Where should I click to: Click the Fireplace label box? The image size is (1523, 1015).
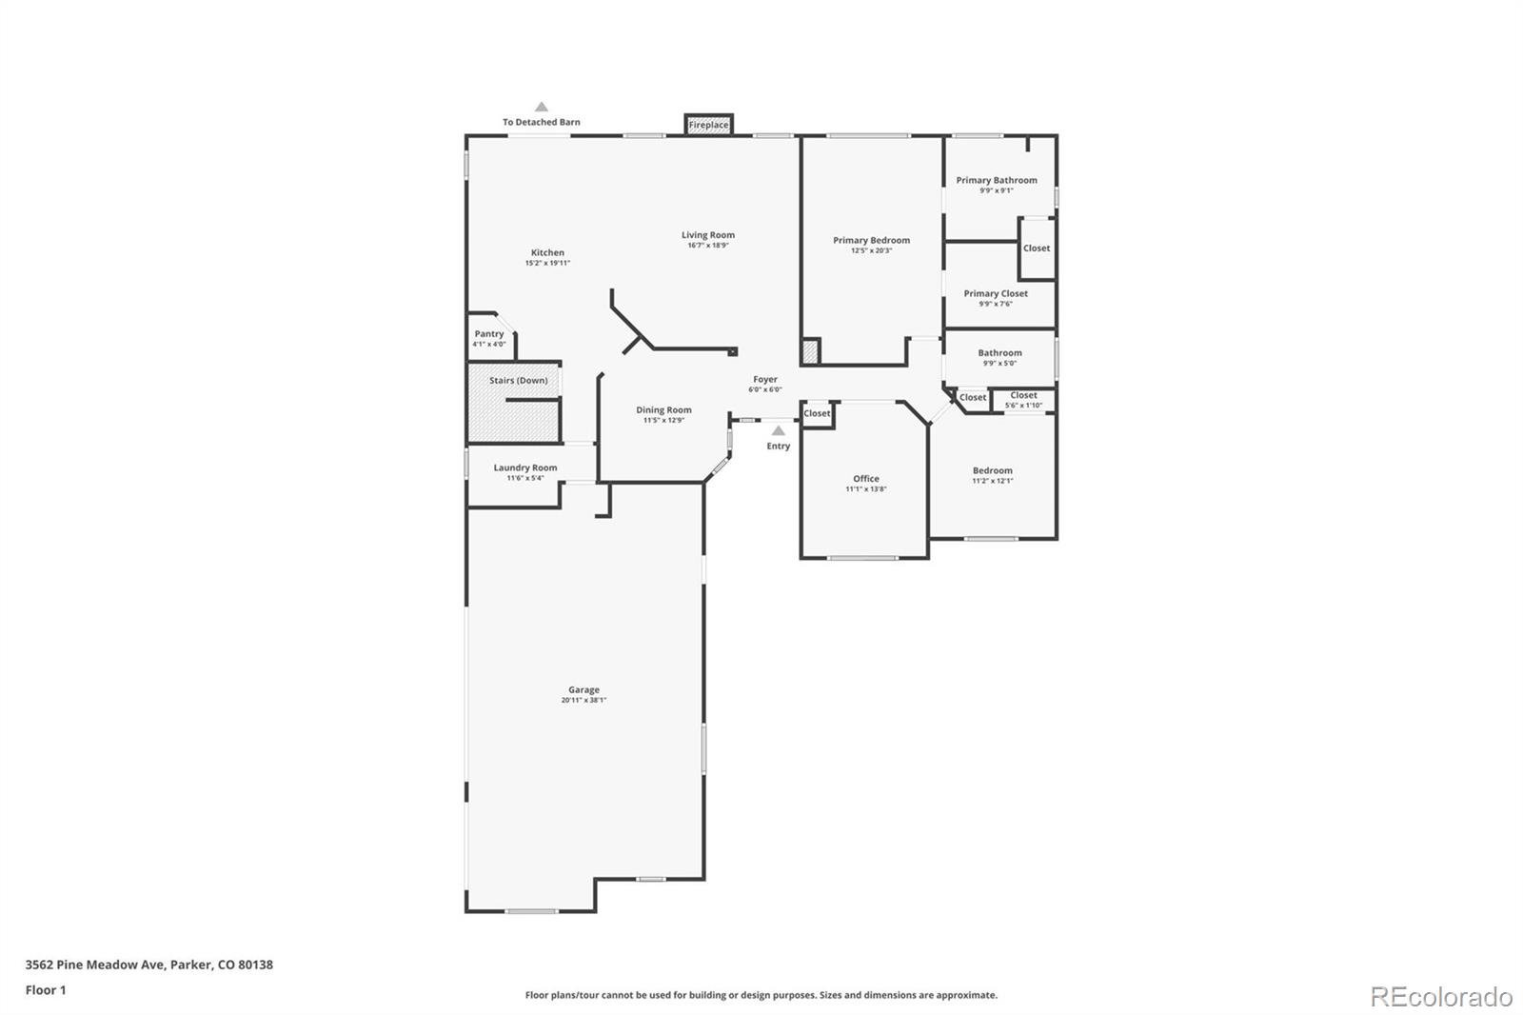(708, 125)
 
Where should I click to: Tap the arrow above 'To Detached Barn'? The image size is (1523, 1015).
(541, 107)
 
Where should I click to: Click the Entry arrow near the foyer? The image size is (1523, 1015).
(778, 430)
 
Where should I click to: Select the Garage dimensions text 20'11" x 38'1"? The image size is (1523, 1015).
(583, 701)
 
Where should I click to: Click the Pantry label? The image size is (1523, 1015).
(489, 334)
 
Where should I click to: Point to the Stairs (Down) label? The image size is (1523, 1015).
(518, 381)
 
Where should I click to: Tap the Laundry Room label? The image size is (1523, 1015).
(524, 468)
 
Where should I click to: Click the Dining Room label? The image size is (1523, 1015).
(663, 410)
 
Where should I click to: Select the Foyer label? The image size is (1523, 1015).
(764, 379)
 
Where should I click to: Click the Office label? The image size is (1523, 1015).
(865, 479)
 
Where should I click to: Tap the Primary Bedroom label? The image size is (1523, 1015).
(871, 240)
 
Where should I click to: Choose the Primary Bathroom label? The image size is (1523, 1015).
(997, 180)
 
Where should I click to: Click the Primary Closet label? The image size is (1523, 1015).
(996, 293)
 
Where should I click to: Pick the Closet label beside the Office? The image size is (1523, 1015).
(817, 413)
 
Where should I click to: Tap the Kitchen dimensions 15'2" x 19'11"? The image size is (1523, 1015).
(547, 264)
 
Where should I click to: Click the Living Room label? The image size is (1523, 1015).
(707, 235)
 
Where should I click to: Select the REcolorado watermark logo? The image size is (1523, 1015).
(1440, 997)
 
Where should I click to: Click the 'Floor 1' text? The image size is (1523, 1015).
(46, 990)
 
